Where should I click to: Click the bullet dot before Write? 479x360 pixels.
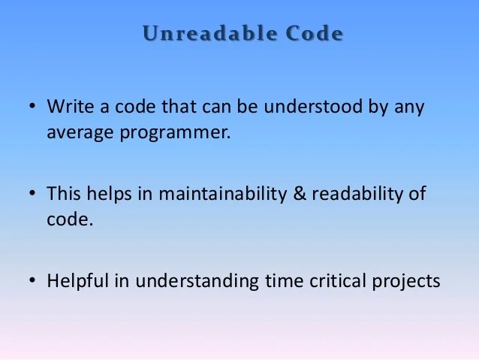pos(32,107)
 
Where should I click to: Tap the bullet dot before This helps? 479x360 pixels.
pos(32,195)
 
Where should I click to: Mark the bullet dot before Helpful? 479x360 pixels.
pos(32,282)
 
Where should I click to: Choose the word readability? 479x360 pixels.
pos(357,194)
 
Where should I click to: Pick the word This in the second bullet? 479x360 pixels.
pos(63,194)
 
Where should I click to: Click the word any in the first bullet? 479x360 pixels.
pos(409,107)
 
